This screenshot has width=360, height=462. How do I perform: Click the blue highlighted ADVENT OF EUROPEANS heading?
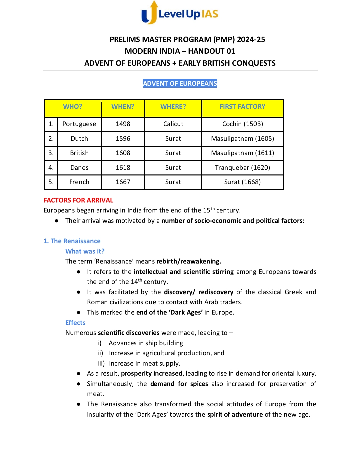[180, 83]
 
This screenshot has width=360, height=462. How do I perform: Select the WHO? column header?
[73, 107]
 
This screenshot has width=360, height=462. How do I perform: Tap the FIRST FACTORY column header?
[242, 107]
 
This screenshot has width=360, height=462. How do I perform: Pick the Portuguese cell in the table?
[79, 124]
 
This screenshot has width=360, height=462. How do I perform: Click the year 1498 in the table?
[123, 124]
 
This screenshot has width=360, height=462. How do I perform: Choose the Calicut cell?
[173, 124]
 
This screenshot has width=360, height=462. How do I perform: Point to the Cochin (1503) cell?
[242, 124]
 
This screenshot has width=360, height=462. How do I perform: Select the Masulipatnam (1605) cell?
[242, 139]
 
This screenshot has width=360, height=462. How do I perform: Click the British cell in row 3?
[79, 153]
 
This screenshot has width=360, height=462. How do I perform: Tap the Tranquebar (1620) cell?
[242, 168]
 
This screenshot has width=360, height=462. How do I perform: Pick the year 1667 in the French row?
[123, 182]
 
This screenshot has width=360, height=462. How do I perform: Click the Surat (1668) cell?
[242, 182]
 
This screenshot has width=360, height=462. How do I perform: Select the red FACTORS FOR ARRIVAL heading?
[79, 200]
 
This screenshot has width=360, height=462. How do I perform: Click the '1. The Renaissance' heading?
[72, 241]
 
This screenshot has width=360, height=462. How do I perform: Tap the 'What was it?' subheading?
[85, 252]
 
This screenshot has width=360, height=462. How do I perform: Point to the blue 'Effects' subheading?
[75, 323]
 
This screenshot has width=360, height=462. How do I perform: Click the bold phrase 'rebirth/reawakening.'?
[189, 262]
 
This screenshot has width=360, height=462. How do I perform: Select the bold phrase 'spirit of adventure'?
[235, 415]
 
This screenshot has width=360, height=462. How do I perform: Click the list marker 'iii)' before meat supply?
[101, 364]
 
